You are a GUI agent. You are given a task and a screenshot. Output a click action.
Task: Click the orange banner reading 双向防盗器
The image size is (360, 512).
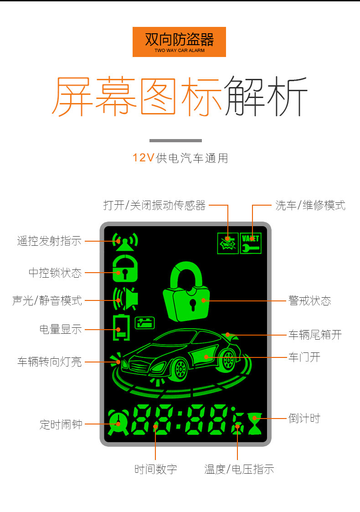click(179, 42)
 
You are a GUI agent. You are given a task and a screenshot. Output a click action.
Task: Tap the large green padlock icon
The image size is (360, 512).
click(186, 292)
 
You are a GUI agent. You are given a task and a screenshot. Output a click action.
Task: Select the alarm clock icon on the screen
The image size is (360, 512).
click(118, 422)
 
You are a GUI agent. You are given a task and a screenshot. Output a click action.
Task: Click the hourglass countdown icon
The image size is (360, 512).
click(255, 424)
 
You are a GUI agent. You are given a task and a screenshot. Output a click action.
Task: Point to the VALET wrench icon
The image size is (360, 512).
click(251, 243)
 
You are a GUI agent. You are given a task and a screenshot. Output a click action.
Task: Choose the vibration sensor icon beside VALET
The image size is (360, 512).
click(228, 243)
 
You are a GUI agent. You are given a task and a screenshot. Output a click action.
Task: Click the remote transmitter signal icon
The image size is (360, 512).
click(125, 242)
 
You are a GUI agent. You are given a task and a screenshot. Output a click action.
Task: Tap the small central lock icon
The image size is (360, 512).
click(125, 269)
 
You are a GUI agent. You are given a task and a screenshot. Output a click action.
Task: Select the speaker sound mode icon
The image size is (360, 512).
click(126, 299)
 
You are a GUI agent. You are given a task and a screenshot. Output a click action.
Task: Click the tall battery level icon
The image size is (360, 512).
click(121, 327)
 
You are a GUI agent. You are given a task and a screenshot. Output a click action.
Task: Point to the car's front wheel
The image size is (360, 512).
click(179, 369)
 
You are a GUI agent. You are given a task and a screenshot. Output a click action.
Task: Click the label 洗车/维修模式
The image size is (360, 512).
click(310, 205)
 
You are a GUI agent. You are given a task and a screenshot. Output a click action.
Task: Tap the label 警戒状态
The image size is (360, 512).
click(309, 300)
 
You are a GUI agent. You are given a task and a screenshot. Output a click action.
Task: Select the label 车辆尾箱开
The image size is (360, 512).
click(315, 335)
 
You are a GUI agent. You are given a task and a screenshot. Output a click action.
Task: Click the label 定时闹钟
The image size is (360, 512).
click(61, 424)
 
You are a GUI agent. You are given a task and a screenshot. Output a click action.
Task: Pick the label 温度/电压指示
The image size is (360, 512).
click(239, 469)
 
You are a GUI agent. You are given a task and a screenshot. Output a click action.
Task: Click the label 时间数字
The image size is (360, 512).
click(156, 469)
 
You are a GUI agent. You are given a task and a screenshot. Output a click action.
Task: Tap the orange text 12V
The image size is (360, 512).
click(143, 158)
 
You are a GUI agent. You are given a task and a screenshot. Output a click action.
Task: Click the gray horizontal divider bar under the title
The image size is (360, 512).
click(175, 141)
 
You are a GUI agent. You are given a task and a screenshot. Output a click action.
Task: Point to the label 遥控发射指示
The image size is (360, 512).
click(49, 241)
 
